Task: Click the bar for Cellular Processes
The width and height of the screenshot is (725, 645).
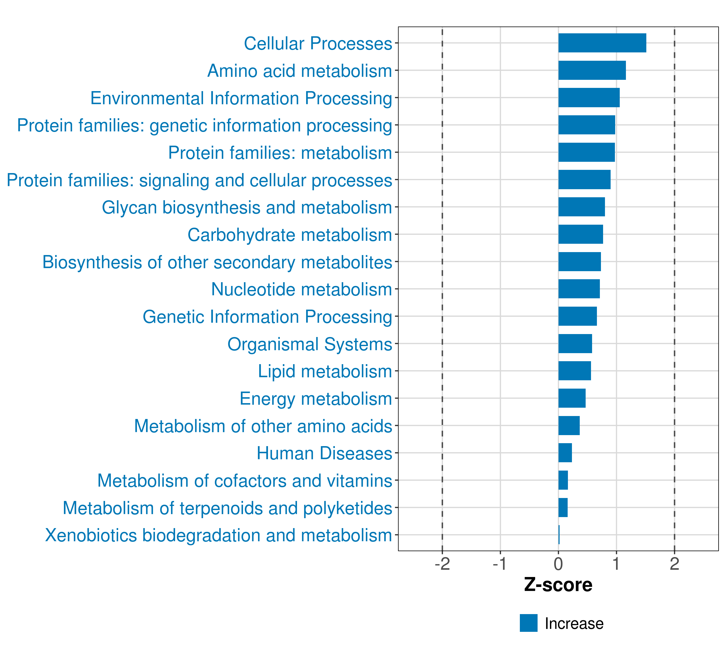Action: click(x=602, y=43)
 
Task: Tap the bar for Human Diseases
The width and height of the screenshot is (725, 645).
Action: click(x=565, y=453)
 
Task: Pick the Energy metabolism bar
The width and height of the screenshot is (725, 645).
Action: click(x=572, y=398)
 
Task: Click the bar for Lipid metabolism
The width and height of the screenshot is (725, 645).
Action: click(x=575, y=371)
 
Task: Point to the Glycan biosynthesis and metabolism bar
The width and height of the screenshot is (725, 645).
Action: click(x=581, y=207)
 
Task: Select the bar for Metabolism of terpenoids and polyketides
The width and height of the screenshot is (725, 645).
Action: click(x=563, y=507)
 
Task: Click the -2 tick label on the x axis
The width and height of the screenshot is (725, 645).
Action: click(x=442, y=564)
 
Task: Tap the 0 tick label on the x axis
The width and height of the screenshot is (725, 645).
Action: click(x=558, y=564)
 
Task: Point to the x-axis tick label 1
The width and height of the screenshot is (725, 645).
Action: click(x=616, y=564)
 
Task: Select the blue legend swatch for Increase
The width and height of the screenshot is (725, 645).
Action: click(x=528, y=623)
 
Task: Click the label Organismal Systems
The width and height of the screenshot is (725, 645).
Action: click(x=310, y=344)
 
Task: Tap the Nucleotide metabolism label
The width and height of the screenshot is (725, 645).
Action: click(x=302, y=289)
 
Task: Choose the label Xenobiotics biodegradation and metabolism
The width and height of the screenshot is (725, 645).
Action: click(x=219, y=535)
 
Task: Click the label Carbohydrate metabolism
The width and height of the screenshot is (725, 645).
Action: click(x=290, y=235)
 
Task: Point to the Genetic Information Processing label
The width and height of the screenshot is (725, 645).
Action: click(x=267, y=317)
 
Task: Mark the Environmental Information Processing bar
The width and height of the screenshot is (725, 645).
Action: click(x=589, y=98)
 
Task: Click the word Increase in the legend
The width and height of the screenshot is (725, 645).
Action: click(x=574, y=624)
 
